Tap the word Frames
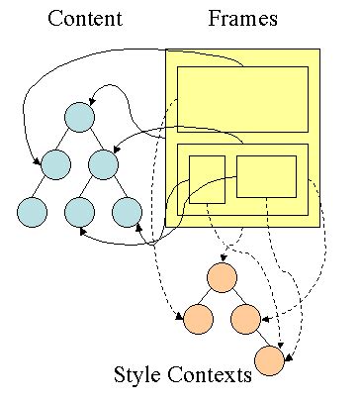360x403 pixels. (243, 19)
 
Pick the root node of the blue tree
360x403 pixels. (80, 116)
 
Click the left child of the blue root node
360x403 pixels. (55, 162)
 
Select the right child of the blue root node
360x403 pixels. (102, 162)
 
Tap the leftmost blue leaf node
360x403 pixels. (33, 211)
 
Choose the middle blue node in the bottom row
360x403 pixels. (80, 211)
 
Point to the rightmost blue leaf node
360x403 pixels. (126, 211)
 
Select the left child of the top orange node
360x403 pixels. (198, 319)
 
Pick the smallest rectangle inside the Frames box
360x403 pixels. (207, 179)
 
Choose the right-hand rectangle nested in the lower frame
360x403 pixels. (266, 176)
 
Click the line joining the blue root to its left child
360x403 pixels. (68, 139)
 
